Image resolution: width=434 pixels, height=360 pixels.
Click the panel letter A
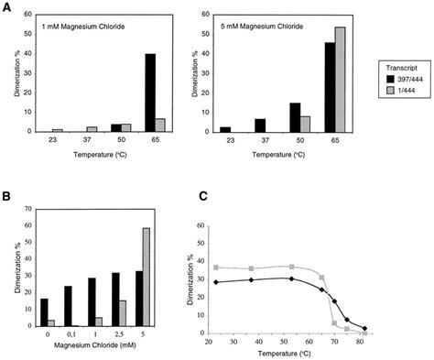pos(6,6)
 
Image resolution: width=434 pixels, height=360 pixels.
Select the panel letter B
pos(6,196)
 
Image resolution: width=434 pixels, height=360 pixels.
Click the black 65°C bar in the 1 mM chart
pos(149,93)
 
